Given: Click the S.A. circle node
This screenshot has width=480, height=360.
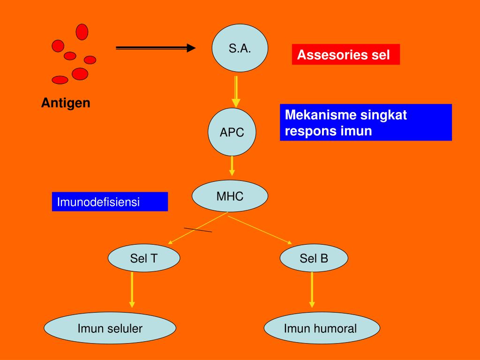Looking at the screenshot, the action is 240,48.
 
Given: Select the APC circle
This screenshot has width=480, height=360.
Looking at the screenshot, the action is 232,132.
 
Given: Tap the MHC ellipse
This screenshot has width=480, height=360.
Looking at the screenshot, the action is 230,196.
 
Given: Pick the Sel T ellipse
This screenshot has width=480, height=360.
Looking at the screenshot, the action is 144,258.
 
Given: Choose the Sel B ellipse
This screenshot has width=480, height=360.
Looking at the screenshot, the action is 314,258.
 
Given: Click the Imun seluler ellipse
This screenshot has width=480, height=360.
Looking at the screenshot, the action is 110,328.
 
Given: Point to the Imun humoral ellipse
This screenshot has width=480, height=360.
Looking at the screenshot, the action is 322,328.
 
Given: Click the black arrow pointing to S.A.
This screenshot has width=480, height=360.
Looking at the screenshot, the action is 156,48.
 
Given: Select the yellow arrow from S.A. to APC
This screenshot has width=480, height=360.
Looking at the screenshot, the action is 236,91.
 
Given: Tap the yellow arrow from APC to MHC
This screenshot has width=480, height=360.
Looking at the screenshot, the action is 232,166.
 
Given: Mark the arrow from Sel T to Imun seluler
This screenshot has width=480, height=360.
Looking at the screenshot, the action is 132,290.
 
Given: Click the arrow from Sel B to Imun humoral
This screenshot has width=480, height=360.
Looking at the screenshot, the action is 312,290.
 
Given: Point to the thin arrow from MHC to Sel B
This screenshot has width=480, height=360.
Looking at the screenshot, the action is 260,230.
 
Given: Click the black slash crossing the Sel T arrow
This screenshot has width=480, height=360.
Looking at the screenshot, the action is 198,230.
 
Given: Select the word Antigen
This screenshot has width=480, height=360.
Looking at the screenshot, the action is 66,103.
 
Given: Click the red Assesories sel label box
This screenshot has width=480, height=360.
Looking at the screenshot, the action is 346,54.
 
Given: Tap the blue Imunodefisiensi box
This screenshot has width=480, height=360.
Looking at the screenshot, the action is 110,202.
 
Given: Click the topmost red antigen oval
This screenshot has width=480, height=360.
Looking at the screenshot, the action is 82,32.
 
